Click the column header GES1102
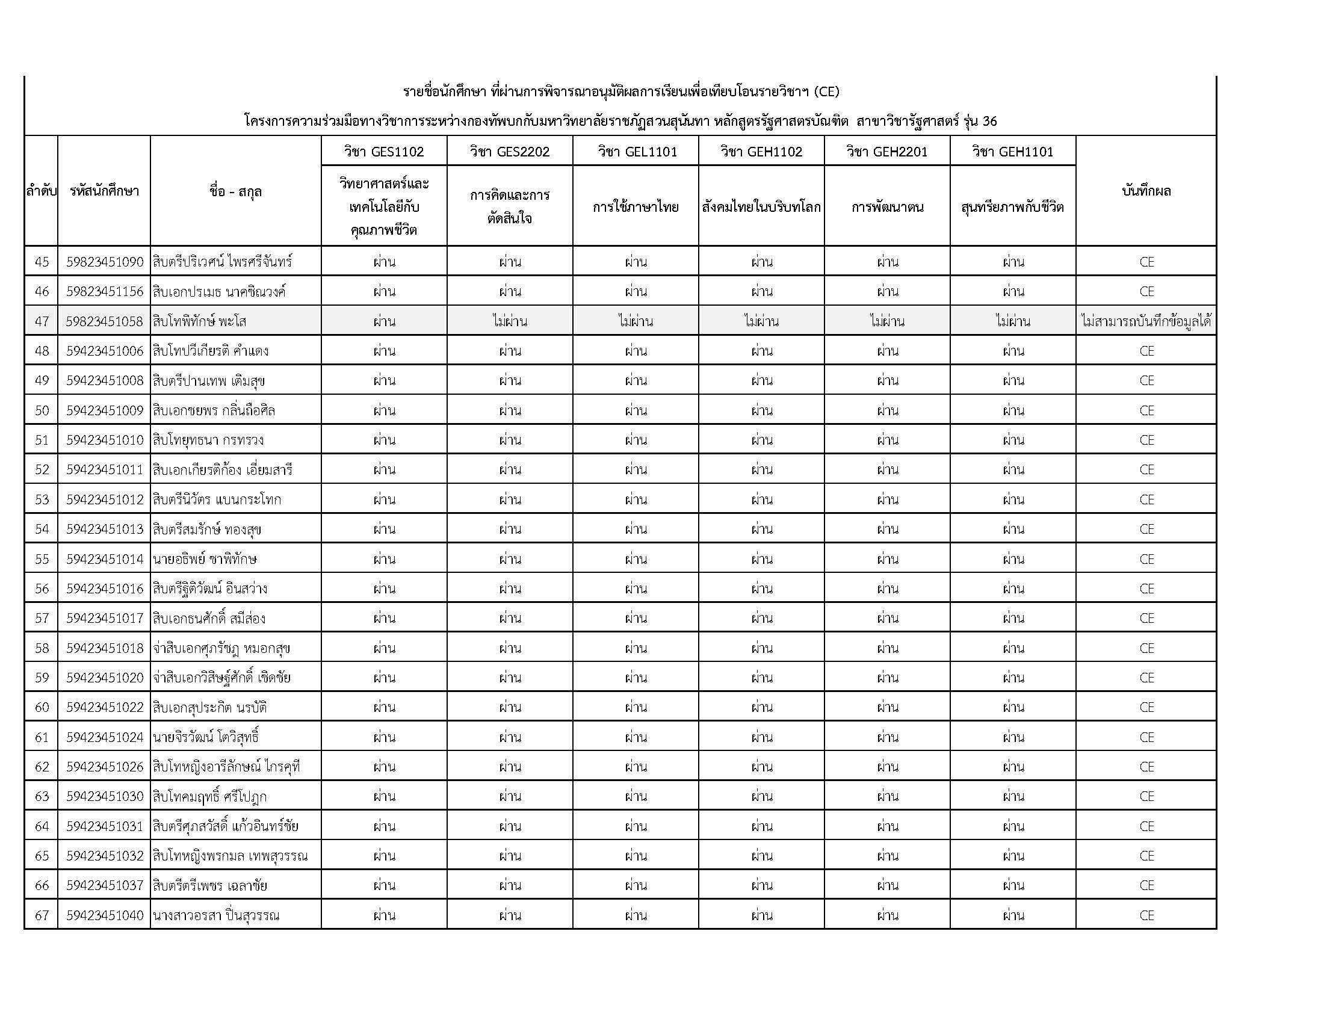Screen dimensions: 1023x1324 (384, 152)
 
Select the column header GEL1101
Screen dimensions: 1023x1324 (636, 152)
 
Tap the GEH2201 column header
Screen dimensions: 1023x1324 (887, 152)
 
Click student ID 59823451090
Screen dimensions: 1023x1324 (104, 262)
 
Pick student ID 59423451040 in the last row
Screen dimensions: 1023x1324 (104, 915)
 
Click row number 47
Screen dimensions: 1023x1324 (41, 321)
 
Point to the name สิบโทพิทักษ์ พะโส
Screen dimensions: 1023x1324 (199, 321)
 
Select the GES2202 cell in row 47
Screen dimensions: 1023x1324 (510, 321)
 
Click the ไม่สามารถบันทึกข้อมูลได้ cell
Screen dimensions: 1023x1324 (1146, 321)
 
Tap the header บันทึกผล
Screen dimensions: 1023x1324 (1146, 191)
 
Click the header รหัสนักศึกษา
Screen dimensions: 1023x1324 (104, 191)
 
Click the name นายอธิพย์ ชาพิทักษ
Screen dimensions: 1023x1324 (205, 559)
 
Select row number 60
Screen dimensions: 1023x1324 (41, 707)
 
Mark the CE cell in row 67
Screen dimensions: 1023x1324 (1146, 915)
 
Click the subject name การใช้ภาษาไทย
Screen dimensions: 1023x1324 (636, 207)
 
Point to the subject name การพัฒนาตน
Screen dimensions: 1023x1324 (887, 207)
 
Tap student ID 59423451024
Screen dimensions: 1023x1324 (104, 737)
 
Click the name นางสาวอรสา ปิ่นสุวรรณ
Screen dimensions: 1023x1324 (216, 915)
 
